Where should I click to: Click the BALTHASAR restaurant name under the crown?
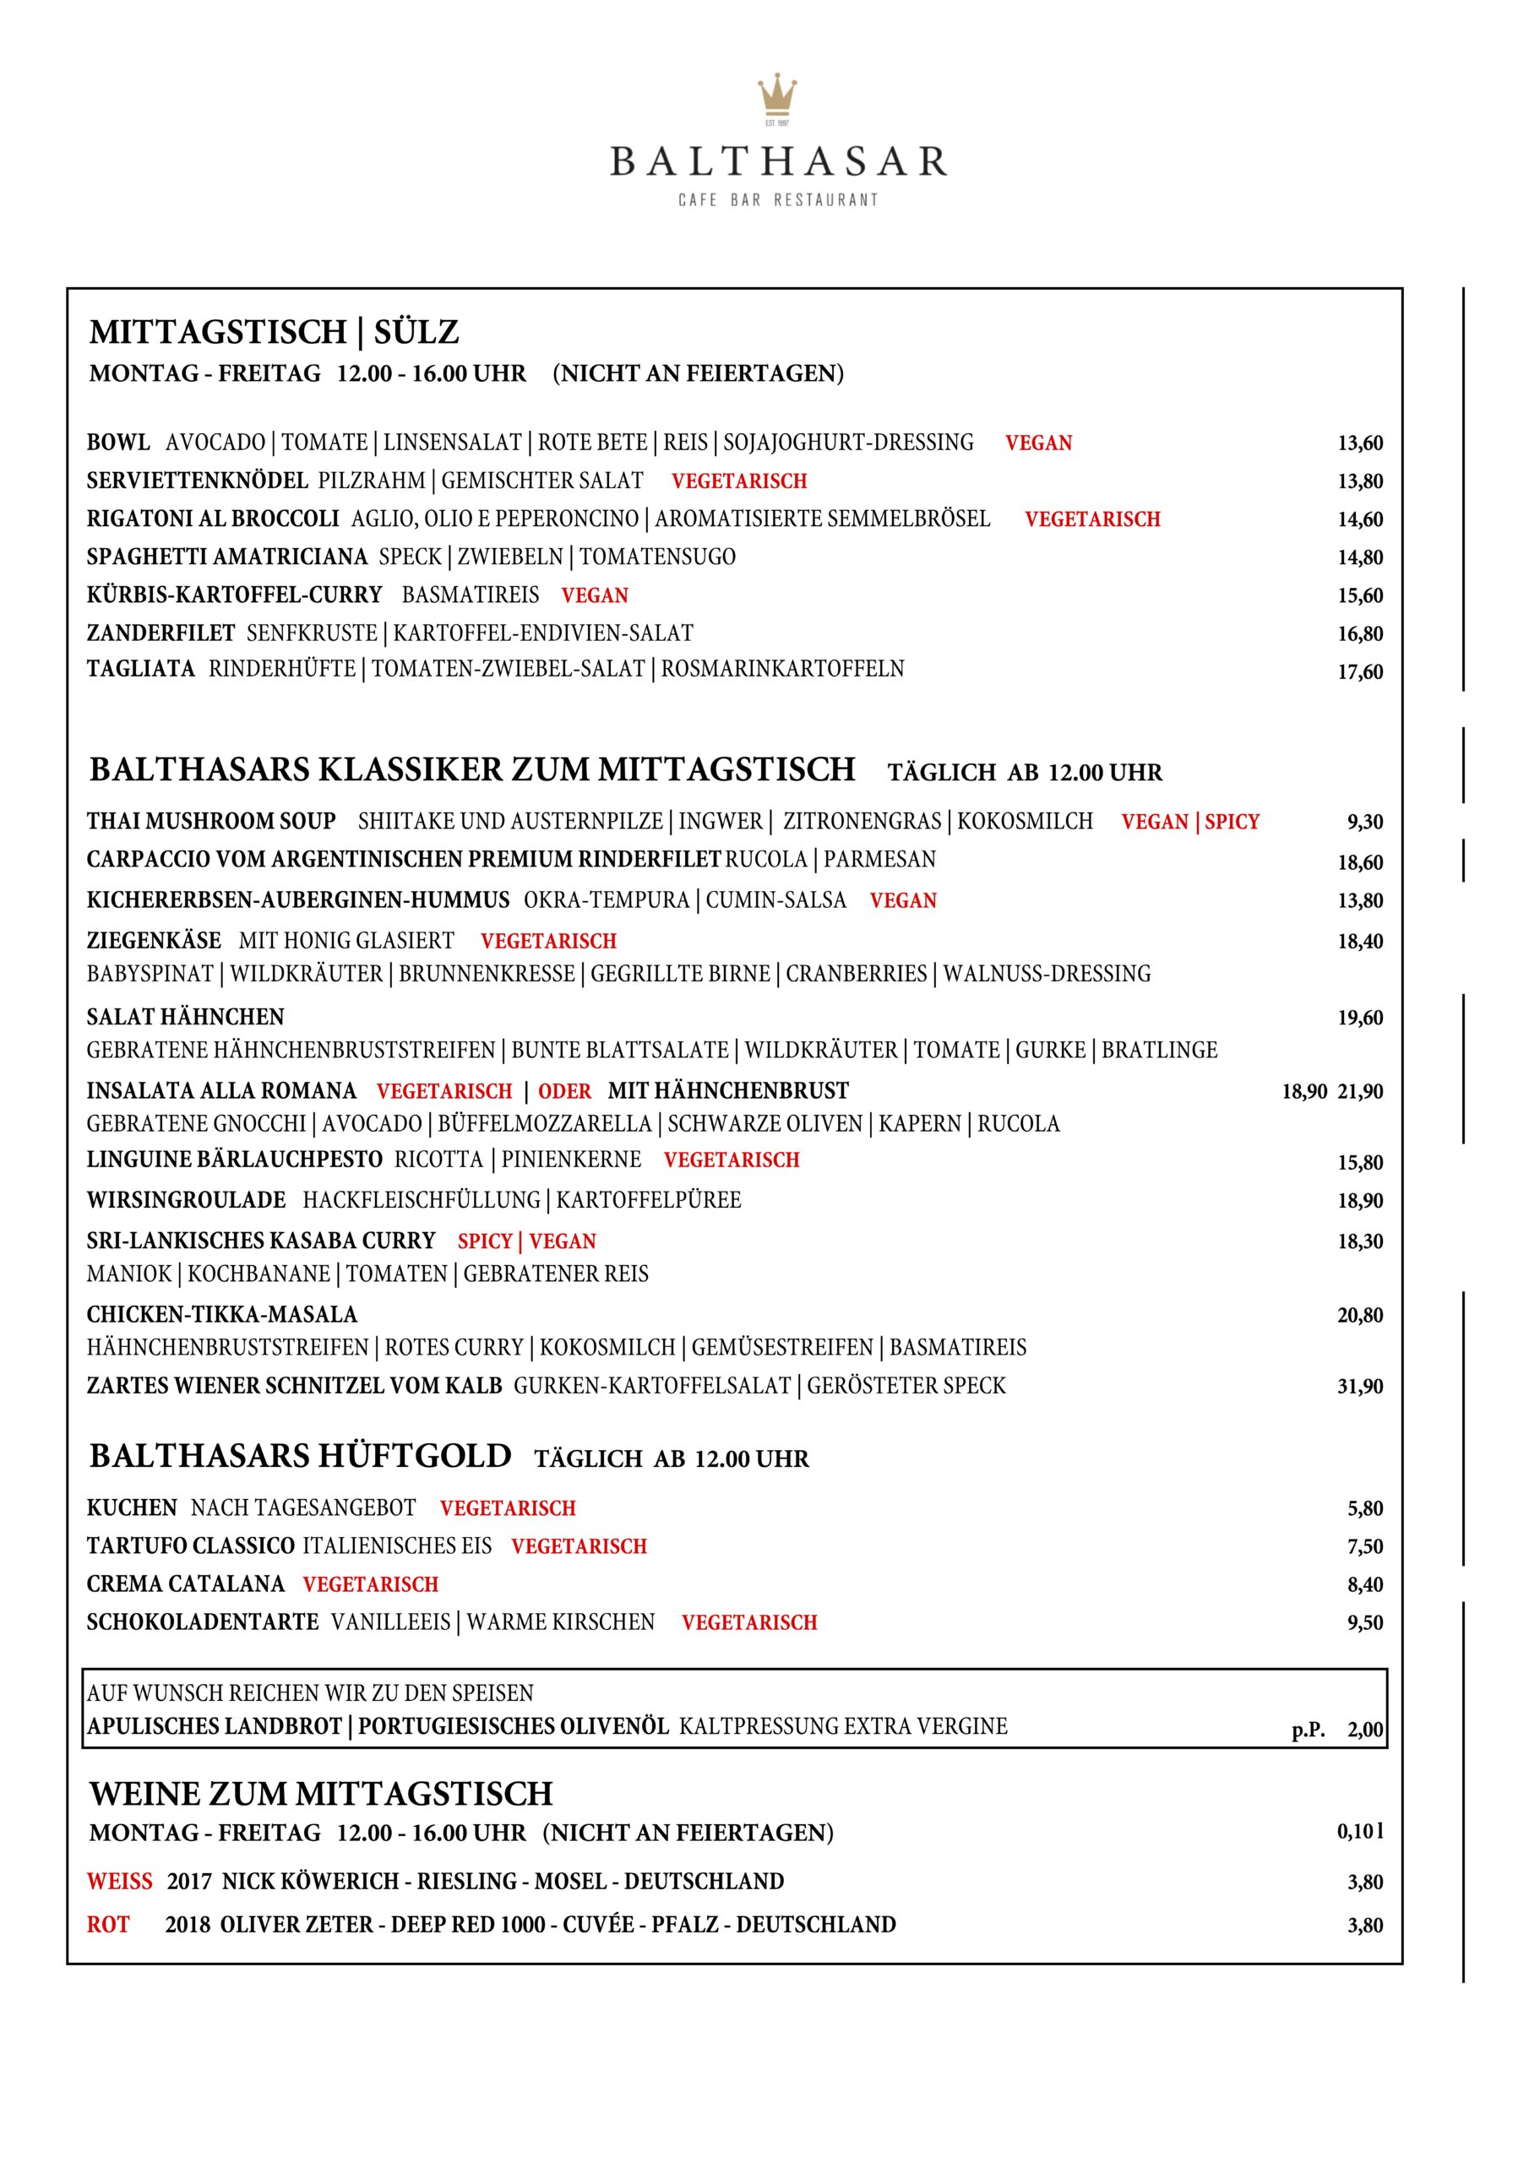[x=778, y=162]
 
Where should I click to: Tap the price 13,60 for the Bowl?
[x=1359, y=443]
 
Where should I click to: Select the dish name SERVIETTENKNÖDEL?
[x=197, y=481]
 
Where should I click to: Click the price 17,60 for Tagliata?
[x=1359, y=672]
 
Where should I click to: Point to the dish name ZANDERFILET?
[x=161, y=633]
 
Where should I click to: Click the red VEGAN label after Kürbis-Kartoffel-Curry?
[x=595, y=596]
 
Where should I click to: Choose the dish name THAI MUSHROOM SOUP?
[x=211, y=822]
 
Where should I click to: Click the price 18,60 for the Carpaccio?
[x=1359, y=862]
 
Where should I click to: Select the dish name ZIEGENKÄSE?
[x=154, y=941]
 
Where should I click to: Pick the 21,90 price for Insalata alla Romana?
[x=1359, y=1092]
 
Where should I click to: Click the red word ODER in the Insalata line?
[x=564, y=1092]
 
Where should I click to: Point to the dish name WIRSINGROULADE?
[x=186, y=1201]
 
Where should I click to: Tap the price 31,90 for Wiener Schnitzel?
[x=1359, y=1386]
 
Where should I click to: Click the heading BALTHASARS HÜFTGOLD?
[x=301, y=1457]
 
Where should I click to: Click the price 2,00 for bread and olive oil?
[x=1364, y=1730]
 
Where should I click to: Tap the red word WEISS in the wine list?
[x=120, y=1882]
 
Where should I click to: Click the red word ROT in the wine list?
[x=107, y=1925]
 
